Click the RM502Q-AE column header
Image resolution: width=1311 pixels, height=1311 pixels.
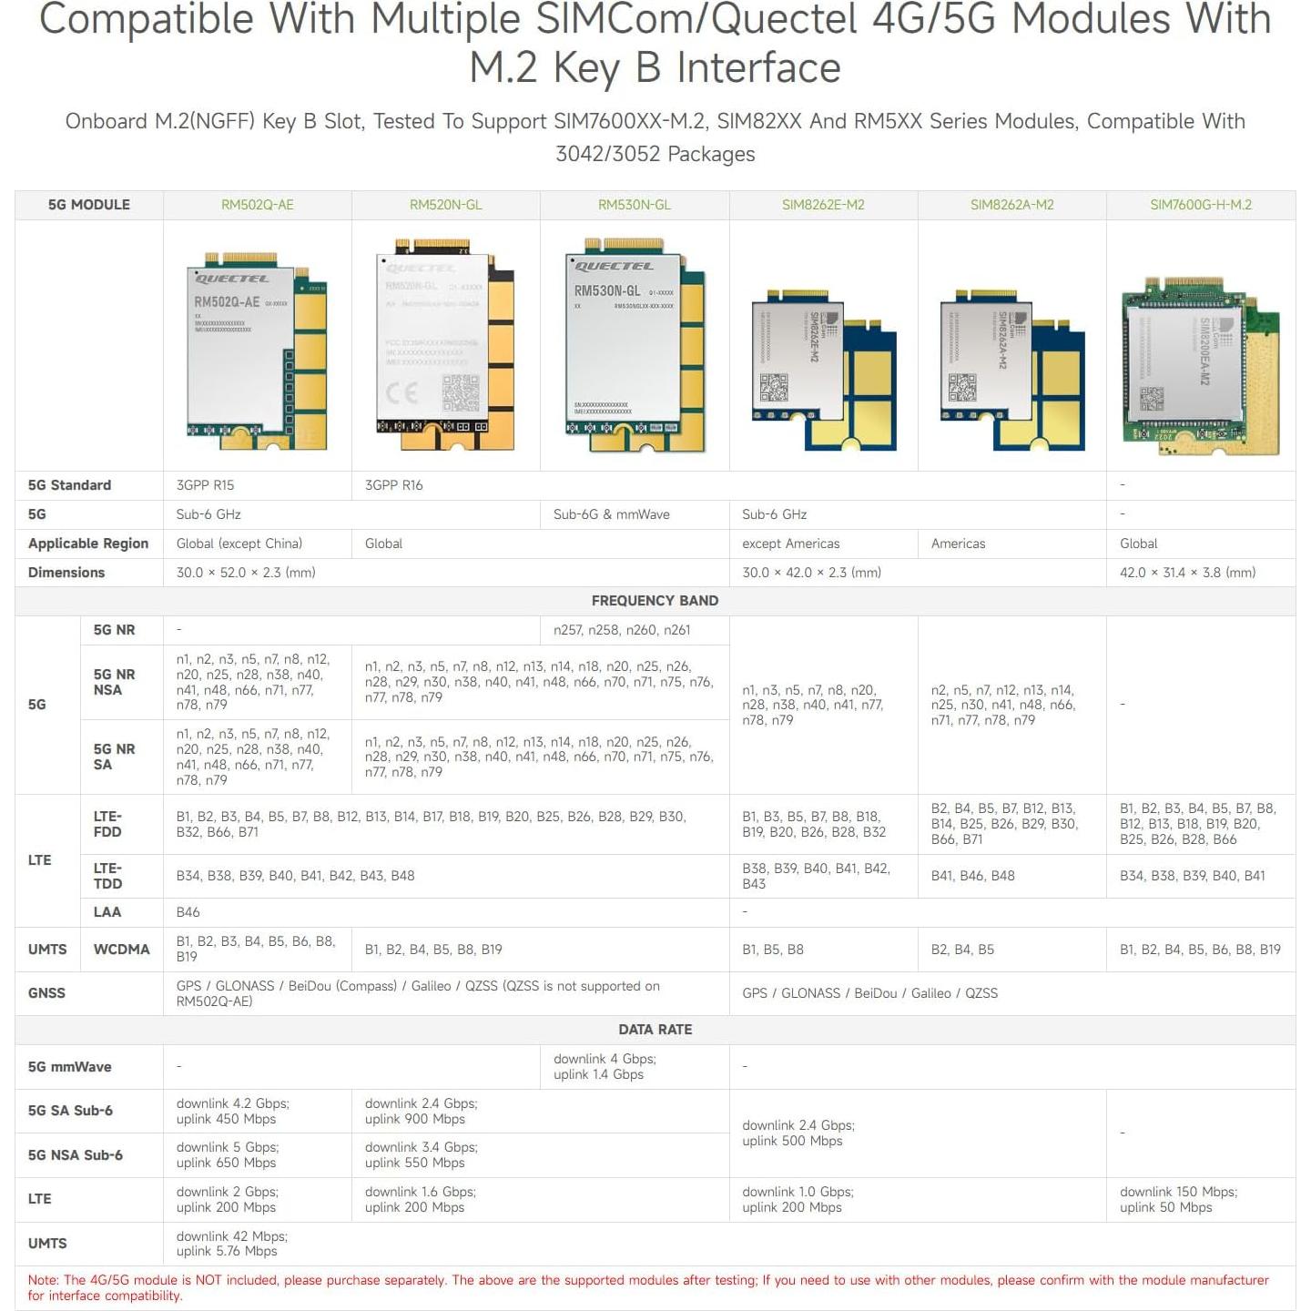257,205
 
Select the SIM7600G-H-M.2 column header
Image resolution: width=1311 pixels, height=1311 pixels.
1200,205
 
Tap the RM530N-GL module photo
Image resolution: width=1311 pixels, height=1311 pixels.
635,346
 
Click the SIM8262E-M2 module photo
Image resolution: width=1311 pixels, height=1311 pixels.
823,369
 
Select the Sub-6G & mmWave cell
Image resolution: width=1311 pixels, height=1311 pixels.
611,514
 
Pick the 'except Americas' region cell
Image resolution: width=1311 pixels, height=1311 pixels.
790,544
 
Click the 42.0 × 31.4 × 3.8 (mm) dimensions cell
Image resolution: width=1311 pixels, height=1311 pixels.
1187,573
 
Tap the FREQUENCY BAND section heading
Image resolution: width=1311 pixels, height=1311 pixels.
655,601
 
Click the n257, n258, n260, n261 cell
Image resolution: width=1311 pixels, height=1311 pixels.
622,630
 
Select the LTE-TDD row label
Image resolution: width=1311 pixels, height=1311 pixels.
107,876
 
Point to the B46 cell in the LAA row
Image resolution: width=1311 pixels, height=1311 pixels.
188,912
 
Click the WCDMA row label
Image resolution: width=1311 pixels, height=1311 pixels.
121,950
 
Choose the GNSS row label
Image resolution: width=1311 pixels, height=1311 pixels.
46,993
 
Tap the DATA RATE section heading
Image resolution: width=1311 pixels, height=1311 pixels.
655,1030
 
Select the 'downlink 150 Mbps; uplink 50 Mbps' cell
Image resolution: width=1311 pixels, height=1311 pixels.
1178,1200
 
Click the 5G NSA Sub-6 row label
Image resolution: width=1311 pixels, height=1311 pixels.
76,1155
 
